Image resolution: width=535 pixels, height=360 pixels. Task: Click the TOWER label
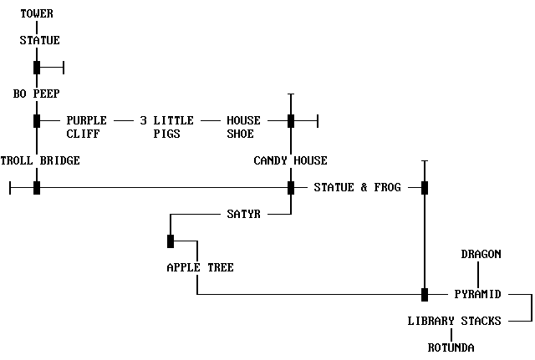(37, 13)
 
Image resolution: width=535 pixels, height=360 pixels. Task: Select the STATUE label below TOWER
(40, 40)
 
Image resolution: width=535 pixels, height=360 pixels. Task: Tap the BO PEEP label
(37, 94)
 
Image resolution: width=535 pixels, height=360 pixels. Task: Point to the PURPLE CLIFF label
(87, 127)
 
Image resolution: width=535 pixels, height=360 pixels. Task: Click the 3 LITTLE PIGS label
(167, 127)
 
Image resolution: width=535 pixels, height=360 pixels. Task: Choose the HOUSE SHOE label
(244, 127)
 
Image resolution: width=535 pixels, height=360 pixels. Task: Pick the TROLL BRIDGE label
(40, 160)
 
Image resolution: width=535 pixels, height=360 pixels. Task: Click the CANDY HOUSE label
(291, 160)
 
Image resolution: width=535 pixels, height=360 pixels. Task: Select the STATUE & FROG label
(357, 187)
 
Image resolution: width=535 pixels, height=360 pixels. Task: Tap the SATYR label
(244, 214)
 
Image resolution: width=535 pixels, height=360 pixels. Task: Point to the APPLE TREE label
(200, 267)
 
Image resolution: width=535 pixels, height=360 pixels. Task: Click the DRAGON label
(481, 254)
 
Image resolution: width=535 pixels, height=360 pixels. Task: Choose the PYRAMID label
(477, 294)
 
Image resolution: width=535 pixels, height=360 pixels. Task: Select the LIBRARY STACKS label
(454, 321)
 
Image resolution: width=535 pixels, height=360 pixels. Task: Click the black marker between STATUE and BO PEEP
(37, 67)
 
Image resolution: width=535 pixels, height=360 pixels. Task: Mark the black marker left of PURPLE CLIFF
(37, 120)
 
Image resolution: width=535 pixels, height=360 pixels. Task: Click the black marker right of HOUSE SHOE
(291, 120)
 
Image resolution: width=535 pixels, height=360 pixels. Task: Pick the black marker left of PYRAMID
(425, 294)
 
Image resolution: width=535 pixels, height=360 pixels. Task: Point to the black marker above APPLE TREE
(171, 241)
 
